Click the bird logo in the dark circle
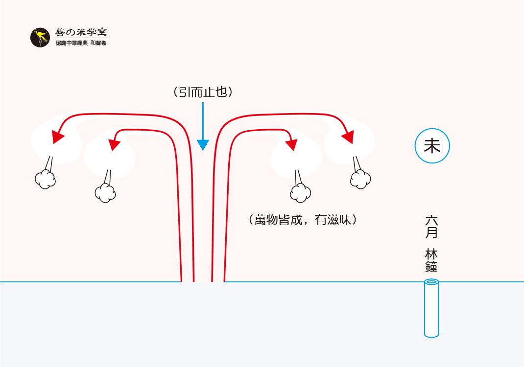coord(40,38)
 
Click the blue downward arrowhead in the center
coord(203,145)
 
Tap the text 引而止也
coord(202,92)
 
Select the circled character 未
coord(432,146)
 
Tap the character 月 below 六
coord(431,232)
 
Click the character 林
coord(431,254)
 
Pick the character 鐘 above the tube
coord(431,267)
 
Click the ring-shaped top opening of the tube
coord(431,282)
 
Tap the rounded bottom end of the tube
coord(431,334)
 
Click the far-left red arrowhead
coord(58,137)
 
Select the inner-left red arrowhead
coord(115,144)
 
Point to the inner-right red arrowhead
coord(291,144)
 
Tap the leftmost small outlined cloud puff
coord(45,180)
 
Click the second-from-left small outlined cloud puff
coord(105,193)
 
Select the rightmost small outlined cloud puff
coord(360,179)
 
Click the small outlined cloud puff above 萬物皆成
coord(300,193)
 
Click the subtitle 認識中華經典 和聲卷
coord(81,44)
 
